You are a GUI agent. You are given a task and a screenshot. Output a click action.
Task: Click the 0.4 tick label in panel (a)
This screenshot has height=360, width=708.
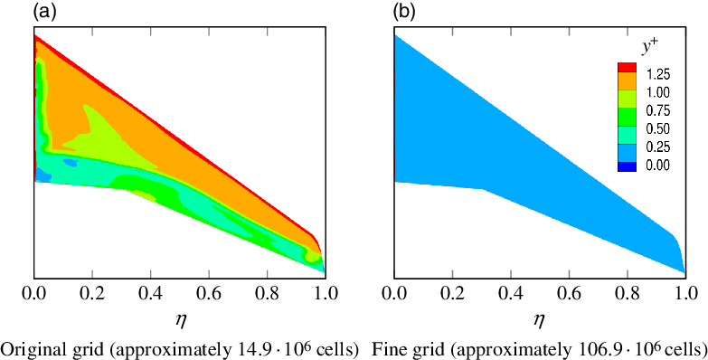click(150, 294)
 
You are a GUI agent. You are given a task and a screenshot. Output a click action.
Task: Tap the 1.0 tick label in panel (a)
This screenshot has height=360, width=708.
click(326, 294)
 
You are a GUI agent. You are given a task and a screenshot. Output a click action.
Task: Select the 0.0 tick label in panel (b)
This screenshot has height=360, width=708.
click(394, 294)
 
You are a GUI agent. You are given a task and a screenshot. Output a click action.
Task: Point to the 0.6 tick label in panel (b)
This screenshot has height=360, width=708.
click(569, 294)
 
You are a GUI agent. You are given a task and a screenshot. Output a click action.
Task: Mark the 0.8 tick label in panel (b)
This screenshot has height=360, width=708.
click(628, 294)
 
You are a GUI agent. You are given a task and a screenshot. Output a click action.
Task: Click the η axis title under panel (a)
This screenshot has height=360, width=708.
click(179, 318)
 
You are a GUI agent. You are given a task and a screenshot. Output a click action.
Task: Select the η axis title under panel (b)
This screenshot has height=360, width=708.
click(539, 318)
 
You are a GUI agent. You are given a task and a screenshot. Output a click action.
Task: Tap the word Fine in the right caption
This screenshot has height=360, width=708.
click(387, 348)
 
